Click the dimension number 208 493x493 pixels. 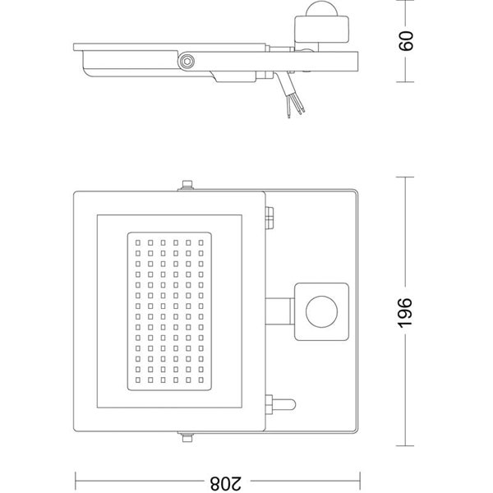coord(219,479)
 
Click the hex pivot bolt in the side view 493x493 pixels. coord(189,61)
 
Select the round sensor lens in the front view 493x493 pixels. coord(319,311)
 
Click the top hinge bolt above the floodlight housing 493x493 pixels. coord(186,186)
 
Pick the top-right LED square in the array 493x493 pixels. coord(200,243)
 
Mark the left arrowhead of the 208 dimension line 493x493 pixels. coord(78,479)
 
